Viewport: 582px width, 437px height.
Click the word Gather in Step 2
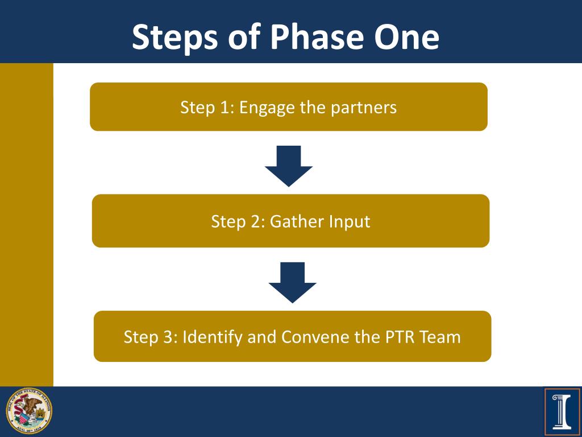coord(297,221)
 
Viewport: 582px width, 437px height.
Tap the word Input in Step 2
coord(350,221)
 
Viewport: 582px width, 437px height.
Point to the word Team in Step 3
coord(440,337)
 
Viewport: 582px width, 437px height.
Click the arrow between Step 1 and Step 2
coord(289,166)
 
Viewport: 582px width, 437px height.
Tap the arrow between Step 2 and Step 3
coord(292,282)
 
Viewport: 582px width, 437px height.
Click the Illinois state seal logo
coord(29,411)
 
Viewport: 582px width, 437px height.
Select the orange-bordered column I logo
coord(562,411)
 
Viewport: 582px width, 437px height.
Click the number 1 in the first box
coord(227,108)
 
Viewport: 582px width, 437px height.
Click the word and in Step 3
coord(261,337)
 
